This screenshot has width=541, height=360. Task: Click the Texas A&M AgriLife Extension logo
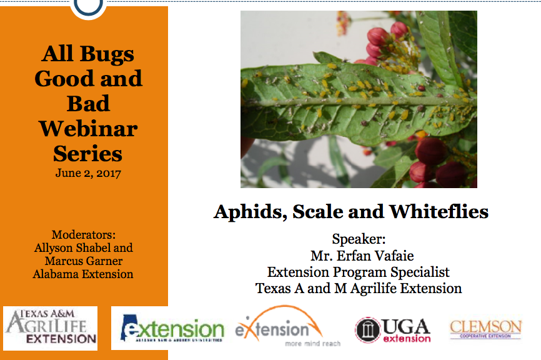[51, 328]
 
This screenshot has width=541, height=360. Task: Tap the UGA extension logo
[393, 330]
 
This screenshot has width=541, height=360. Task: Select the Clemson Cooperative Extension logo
[486, 329]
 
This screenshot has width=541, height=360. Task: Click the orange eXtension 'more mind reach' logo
[287, 326]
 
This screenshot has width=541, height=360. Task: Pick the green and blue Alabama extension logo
[172, 328]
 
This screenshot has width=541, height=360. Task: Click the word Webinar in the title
[88, 129]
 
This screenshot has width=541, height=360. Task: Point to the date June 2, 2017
[88, 173]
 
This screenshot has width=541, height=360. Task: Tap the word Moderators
[84, 235]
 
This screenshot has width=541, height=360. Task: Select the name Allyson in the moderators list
[54, 248]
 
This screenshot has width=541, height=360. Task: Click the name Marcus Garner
[84, 261]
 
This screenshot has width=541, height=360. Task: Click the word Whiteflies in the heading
[439, 211]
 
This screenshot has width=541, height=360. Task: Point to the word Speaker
[359, 239]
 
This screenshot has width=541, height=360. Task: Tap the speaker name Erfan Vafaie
[375, 256]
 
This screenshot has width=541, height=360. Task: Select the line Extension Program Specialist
[359, 272]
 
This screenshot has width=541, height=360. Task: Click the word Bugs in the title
[107, 54]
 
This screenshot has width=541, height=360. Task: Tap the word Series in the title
[88, 154]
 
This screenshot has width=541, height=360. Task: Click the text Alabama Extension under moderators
[83, 274]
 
